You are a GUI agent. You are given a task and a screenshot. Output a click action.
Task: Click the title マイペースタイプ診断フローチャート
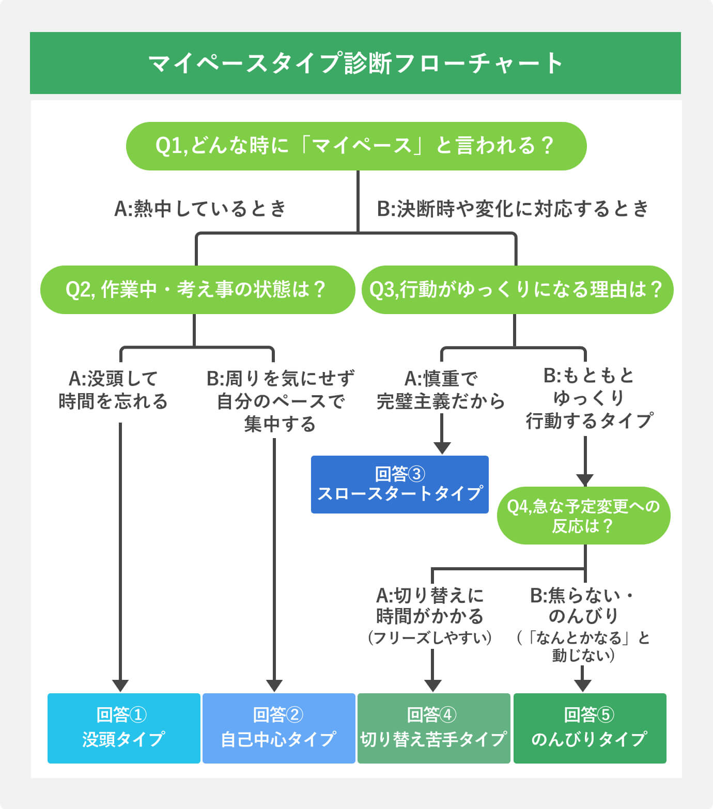coord(355,63)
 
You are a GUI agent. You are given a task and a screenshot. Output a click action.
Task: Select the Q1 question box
coord(356,146)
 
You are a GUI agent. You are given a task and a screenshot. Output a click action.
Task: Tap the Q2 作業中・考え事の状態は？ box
coord(197,290)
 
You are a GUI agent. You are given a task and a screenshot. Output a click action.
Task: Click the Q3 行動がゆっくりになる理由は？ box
coord(517,290)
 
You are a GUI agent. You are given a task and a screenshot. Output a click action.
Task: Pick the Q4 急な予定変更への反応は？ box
coord(583,516)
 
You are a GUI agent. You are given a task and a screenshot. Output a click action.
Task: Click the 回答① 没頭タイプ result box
coord(123,728)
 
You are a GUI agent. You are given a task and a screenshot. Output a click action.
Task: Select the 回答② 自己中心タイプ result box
coord(278,728)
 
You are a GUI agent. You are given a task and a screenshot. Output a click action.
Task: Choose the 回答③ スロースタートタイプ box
coord(399,484)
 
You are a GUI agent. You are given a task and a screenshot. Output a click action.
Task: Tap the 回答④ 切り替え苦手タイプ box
coord(433,728)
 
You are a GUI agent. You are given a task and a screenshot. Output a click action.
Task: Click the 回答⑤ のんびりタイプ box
coord(590,728)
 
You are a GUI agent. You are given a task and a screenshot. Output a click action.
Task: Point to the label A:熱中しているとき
coord(200,209)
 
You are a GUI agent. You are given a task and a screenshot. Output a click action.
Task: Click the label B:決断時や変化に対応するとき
coord(513,209)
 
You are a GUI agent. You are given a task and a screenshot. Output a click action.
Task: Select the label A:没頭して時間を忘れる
coord(113,390)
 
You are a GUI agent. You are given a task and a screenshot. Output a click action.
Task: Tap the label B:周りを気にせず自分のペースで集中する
coord(280,401)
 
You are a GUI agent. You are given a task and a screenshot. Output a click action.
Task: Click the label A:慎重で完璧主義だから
coord(441,390)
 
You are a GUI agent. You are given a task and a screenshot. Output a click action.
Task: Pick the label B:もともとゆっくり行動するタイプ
coord(589,398)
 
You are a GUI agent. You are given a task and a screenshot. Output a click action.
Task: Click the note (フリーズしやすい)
coord(430,637)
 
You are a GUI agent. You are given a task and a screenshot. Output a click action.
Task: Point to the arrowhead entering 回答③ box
coord(442,448)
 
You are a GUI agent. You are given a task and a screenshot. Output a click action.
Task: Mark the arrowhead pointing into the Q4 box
coord(585,479)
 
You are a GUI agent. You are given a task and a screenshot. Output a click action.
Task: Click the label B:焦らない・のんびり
coord(583,605)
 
